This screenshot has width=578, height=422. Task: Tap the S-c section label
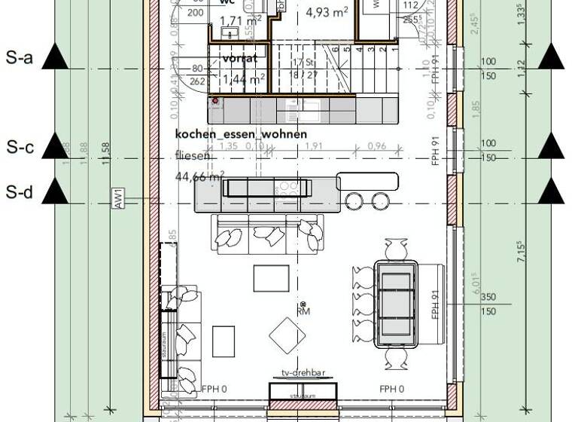click(20, 148)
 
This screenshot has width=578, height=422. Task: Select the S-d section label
click(20, 193)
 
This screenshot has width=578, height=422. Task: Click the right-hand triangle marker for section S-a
click(551, 57)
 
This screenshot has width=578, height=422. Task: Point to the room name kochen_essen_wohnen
click(241, 134)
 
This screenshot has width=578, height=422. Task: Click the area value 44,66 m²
click(199, 177)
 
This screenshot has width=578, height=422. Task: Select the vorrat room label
click(239, 58)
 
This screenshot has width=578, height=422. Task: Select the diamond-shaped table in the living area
click(287, 335)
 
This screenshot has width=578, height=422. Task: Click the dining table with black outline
click(396, 303)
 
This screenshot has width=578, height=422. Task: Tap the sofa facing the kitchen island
click(267, 233)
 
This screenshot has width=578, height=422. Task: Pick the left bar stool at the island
click(354, 200)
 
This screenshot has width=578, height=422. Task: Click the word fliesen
click(193, 156)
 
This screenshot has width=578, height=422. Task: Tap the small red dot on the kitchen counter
click(215, 100)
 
